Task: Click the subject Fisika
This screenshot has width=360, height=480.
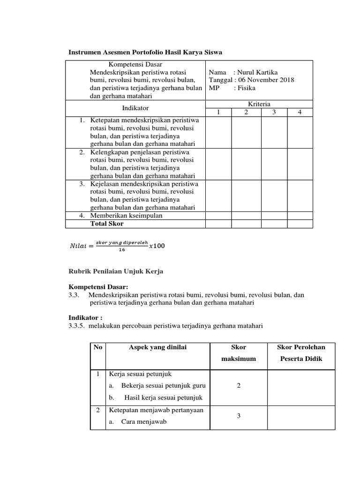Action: (247, 88)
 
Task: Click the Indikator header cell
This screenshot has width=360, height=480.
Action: (135, 108)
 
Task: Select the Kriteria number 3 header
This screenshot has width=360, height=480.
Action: (273, 112)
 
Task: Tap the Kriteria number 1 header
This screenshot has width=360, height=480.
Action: (218, 112)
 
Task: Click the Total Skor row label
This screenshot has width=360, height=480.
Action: (107, 224)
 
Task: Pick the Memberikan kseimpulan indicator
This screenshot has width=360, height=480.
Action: (126, 216)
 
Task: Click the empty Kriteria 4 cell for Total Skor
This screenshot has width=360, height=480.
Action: (300, 224)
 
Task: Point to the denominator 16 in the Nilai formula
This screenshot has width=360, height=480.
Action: (122, 250)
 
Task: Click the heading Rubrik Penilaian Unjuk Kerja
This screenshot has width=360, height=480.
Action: (116, 271)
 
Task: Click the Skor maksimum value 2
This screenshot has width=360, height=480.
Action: (239, 385)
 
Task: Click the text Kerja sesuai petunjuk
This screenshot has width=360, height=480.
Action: (140, 374)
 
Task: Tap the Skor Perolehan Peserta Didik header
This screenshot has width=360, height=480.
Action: (302, 352)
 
